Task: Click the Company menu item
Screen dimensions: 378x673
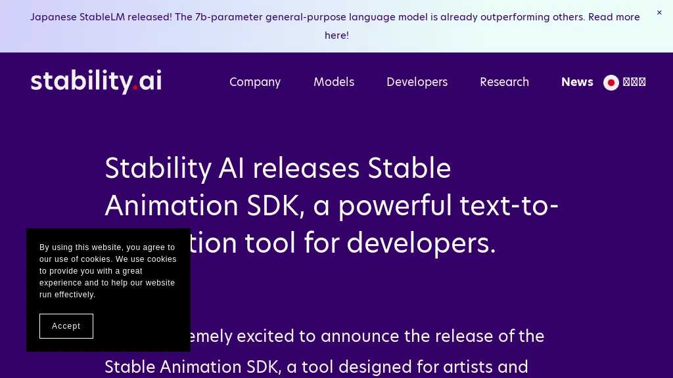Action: click(x=255, y=82)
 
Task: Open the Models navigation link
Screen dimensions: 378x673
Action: click(x=334, y=82)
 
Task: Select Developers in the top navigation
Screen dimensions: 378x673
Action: click(x=417, y=82)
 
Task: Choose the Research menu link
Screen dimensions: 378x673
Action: click(x=504, y=82)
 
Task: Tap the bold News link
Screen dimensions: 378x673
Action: click(x=577, y=82)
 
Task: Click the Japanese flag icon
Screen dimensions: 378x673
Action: click(x=611, y=83)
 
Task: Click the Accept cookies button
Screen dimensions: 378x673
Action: click(x=66, y=326)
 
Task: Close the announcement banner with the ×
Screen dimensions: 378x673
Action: click(x=659, y=12)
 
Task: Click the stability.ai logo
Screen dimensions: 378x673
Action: click(x=96, y=81)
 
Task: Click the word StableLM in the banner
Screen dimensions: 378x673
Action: click(x=102, y=17)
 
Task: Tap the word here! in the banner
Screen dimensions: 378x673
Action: click(x=336, y=35)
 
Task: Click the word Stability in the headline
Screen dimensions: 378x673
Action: click(x=158, y=169)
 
